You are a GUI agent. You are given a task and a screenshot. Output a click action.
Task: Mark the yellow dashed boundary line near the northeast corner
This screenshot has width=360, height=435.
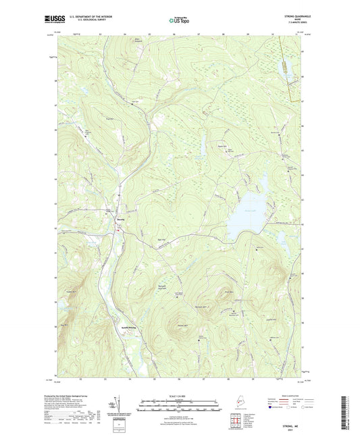tap(292, 74)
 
